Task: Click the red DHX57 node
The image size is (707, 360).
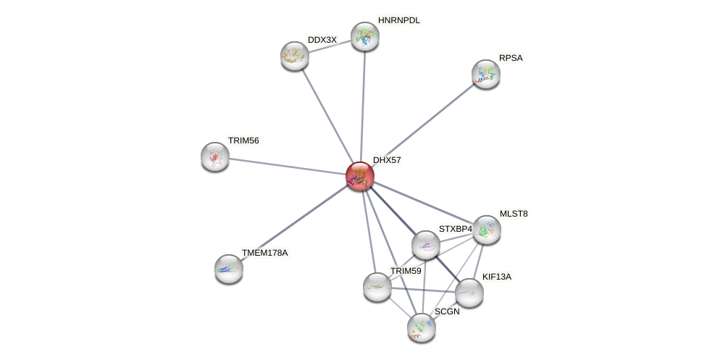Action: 360,176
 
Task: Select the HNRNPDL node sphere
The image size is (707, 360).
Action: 365,36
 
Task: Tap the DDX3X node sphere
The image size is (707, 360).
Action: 295,56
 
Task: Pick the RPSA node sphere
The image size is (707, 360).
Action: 486,74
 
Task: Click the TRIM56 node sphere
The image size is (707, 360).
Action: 215,156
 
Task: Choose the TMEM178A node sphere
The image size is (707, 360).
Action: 229,269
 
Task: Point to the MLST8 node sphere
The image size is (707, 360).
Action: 487,230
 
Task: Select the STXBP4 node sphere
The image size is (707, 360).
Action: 426,245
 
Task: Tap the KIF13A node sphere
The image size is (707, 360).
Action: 469,293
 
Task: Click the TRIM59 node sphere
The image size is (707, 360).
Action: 377,287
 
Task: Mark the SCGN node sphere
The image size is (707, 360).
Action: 422,327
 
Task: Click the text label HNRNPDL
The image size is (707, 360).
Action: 398,20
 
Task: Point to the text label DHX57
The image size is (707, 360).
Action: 387,160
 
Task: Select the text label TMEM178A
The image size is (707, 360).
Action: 264,253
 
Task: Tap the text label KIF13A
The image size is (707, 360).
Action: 496,277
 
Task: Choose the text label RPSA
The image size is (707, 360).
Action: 510,58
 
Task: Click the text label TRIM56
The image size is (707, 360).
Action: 243,141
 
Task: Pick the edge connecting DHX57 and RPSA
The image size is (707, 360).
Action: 423,125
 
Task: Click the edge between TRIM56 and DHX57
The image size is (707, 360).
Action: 288,166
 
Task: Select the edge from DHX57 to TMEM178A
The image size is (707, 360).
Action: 295,222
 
